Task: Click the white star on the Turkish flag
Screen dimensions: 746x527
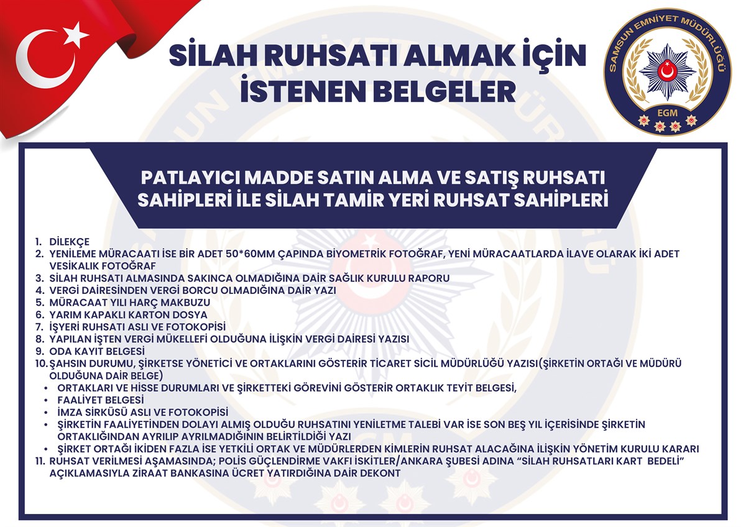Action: (75, 35)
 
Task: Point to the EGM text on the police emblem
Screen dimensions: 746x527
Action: (668, 113)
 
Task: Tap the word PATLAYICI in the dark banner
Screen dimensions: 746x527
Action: (191, 178)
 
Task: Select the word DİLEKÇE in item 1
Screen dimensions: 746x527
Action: (69, 241)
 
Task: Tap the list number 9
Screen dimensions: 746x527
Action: (40, 351)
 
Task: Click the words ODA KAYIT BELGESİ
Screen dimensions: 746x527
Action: (97, 351)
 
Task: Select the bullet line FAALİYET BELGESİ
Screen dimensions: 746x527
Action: (101, 400)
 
